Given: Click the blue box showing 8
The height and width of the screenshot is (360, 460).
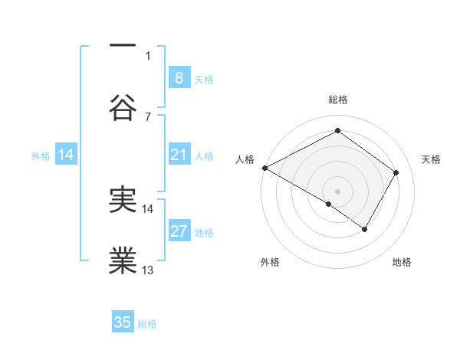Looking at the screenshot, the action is tap(179, 77).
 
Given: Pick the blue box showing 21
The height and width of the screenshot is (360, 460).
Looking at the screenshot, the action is tap(179, 155).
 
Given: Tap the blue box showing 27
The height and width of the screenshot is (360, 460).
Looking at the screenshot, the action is tap(179, 231).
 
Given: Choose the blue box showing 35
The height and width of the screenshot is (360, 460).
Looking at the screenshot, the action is tap(123, 322).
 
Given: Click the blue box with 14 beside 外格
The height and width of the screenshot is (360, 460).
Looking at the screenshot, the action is tap(66, 155).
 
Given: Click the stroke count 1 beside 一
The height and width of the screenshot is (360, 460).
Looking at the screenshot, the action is tap(148, 55).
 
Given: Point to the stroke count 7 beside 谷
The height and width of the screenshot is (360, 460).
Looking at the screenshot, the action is tap(148, 116).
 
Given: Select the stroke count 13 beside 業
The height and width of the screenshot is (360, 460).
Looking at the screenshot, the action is tap(148, 270).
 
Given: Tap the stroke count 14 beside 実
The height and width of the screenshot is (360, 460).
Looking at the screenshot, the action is tap(148, 208).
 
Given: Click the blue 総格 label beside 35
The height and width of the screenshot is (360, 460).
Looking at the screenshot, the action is tap(147, 324).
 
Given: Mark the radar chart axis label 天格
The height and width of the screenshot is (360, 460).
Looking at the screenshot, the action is tap(432, 159).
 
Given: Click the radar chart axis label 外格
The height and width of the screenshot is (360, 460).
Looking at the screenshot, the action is tap(270, 262).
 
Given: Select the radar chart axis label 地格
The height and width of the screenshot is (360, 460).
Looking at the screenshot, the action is tap(402, 262).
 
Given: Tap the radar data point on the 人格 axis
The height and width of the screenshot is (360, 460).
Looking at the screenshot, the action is tap(264, 168).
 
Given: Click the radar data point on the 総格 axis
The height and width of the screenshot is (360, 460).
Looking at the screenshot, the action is tap(337, 131).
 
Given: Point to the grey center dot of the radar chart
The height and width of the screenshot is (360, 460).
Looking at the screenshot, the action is tap(337, 191).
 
